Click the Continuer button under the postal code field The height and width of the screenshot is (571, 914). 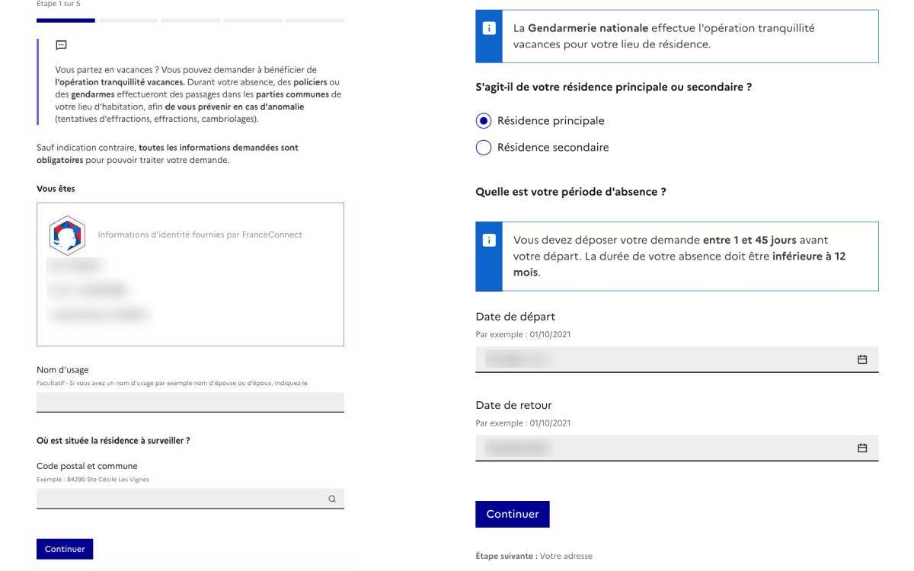tap(65, 549)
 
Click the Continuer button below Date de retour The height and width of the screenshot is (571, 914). tap(512, 514)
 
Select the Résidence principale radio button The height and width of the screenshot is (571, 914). tap(483, 121)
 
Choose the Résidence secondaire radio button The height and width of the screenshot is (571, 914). tap(483, 148)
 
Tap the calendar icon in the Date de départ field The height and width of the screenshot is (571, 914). tap(862, 359)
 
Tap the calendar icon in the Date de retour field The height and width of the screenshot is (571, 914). tap(862, 448)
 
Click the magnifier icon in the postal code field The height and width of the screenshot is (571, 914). tap(332, 499)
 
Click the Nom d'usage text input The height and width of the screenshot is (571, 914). tap(190, 402)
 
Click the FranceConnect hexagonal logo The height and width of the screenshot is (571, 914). tap(67, 235)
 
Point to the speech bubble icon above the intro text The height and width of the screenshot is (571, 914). tap(61, 46)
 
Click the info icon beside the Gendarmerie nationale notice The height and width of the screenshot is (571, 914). tap(489, 28)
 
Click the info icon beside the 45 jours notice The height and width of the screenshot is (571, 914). tap(489, 240)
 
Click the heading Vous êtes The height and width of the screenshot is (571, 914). tap(56, 189)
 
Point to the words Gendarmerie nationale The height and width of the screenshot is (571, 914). tap(588, 28)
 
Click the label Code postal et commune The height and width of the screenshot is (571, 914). tap(87, 466)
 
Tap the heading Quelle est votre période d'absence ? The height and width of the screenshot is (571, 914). tap(570, 192)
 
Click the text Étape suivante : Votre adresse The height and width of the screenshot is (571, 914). tap(533, 557)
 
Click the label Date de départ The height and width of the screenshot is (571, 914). tap(515, 317)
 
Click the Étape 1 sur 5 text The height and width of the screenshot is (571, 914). tap(58, 4)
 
